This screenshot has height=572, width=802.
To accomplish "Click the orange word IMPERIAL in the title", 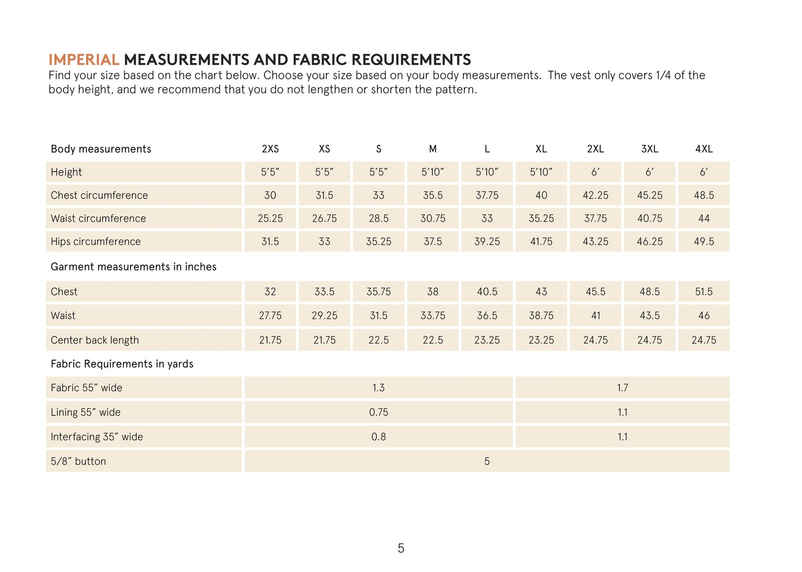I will click(x=84, y=60).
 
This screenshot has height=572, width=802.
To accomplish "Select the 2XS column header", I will click(x=270, y=149).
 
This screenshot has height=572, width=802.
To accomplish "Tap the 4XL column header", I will click(x=704, y=149).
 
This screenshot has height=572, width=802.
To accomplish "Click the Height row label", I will click(x=66, y=172).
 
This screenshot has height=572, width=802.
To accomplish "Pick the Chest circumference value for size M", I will click(x=433, y=195).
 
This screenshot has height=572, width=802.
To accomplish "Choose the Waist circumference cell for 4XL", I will click(x=704, y=218).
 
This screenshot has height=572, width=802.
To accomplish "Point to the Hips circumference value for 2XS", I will click(x=270, y=241).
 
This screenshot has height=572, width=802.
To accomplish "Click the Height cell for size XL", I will click(x=541, y=172).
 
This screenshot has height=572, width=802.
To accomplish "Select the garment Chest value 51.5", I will click(x=704, y=292).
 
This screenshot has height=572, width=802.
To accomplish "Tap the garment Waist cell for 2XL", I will click(x=596, y=315).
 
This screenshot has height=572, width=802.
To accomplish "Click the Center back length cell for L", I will click(x=487, y=340).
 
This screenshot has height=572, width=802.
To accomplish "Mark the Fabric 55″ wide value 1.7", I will click(x=622, y=388).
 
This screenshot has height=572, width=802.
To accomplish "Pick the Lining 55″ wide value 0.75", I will click(x=378, y=412).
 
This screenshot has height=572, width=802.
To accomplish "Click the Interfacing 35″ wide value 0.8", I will click(x=378, y=436).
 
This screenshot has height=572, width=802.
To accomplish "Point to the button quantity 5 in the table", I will click(x=487, y=461).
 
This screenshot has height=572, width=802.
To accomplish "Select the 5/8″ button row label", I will click(x=78, y=461).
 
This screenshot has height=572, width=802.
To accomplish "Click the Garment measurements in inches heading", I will click(x=134, y=267).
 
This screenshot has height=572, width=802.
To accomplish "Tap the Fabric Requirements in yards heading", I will click(x=122, y=364).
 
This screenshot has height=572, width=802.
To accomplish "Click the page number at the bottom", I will click(x=401, y=548).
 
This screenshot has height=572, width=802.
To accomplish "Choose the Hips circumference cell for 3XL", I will click(x=650, y=241).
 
